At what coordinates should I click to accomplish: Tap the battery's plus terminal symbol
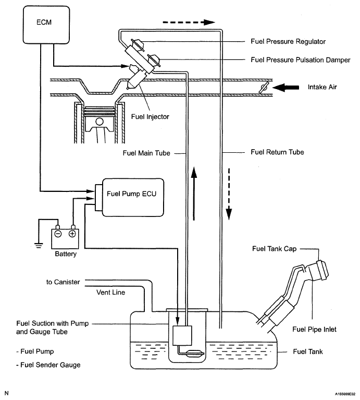point(72,234)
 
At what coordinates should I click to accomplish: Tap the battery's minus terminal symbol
point(58,234)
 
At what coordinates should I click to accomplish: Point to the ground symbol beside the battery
point(39,246)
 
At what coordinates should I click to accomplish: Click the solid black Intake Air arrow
point(285,88)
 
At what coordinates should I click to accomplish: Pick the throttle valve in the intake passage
point(264,88)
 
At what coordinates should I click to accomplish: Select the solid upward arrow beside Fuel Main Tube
point(194,193)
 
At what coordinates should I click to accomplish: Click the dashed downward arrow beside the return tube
point(229,194)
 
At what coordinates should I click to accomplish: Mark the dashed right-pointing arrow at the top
point(189,22)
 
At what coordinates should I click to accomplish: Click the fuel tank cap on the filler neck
point(321,271)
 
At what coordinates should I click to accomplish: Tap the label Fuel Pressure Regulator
point(288,42)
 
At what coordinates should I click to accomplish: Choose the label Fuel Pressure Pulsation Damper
point(301,60)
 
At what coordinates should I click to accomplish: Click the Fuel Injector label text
point(150,117)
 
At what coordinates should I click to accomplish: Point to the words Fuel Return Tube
point(277,152)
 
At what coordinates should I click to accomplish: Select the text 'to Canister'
point(63,282)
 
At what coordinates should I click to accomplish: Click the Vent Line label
point(110,293)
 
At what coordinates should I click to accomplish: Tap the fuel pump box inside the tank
point(182,336)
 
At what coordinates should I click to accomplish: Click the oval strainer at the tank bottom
point(195,354)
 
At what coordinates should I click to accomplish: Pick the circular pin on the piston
point(100,121)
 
